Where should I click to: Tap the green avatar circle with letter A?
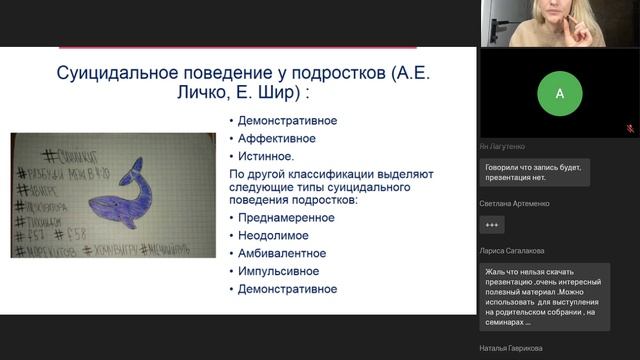tap(559, 94)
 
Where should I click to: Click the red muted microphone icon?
tap(630, 129)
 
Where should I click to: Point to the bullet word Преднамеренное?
tap(286, 217)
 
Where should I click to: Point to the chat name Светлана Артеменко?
tap(519, 203)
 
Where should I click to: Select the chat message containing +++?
tap(492, 225)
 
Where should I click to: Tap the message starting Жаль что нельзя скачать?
tap(550, 295)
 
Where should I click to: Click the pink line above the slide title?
tap(238, 47)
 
